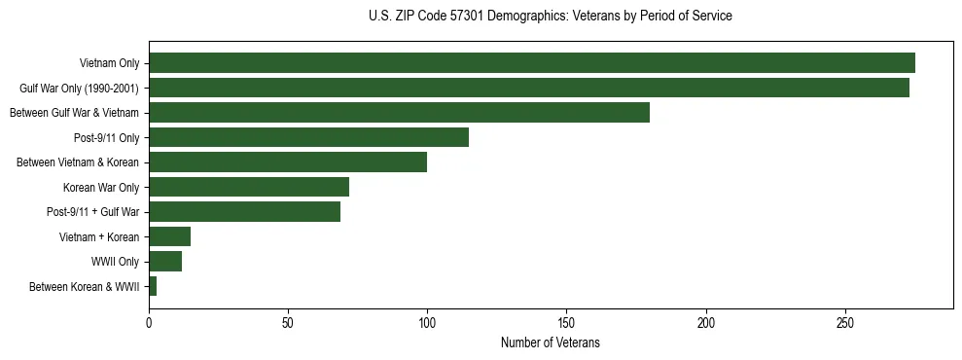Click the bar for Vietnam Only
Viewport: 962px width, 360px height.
pos(531,63)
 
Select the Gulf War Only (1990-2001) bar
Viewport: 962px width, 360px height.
pos(528,88)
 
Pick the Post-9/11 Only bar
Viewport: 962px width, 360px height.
pos(308,137)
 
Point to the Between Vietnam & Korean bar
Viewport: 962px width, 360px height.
pos(288,162)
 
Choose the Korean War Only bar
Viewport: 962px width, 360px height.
pos(249,187)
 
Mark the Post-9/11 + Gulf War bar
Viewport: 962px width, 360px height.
pos(244,212)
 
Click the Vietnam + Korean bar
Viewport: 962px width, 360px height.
pos(169,236)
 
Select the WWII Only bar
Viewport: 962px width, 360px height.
pos(165,262)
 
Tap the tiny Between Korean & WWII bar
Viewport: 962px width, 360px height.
pos(153,286)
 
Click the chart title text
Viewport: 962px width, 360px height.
pos(551,16)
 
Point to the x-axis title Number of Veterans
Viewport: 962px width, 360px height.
pos(551,343)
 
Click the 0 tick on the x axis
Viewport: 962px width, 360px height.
pos(149,322)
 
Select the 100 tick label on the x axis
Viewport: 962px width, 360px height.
pos(427,322)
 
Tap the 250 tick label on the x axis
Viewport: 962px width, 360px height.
pos(845,322)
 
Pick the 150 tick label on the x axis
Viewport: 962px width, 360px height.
pos(567,322)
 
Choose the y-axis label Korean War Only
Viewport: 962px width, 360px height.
pos(101,187)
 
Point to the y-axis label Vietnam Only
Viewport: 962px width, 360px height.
pos(109,63)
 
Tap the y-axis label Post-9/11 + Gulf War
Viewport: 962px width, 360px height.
pos(93,212)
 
